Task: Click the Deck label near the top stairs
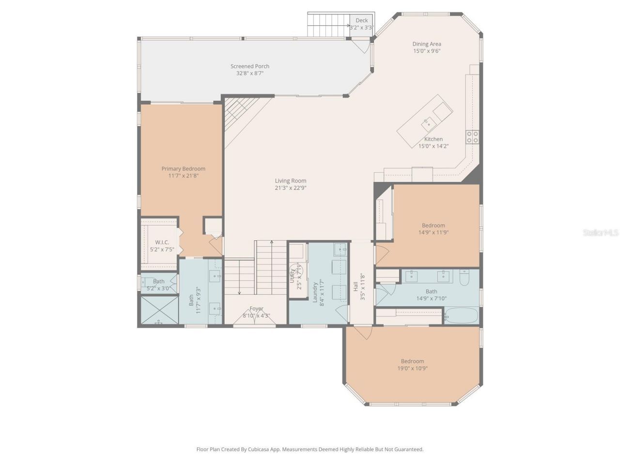[361, 20]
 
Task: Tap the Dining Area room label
[426, 44]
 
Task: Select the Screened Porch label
[249, 66]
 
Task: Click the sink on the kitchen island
[428, 124]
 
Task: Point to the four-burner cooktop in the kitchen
[472, 137]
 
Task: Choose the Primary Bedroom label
[183, 169]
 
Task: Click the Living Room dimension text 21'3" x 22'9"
[291, 188]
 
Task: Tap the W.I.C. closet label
[162, 242]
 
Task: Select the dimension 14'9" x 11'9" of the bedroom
[433, 232]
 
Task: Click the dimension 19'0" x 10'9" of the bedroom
[412, 368]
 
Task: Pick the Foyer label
[256, 309]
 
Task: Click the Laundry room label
[315, 292]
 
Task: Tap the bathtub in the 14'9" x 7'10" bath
[461, 316]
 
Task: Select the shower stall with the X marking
[159, 310]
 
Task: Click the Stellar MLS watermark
[600, 233]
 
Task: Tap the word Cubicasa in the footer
[259, 449]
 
